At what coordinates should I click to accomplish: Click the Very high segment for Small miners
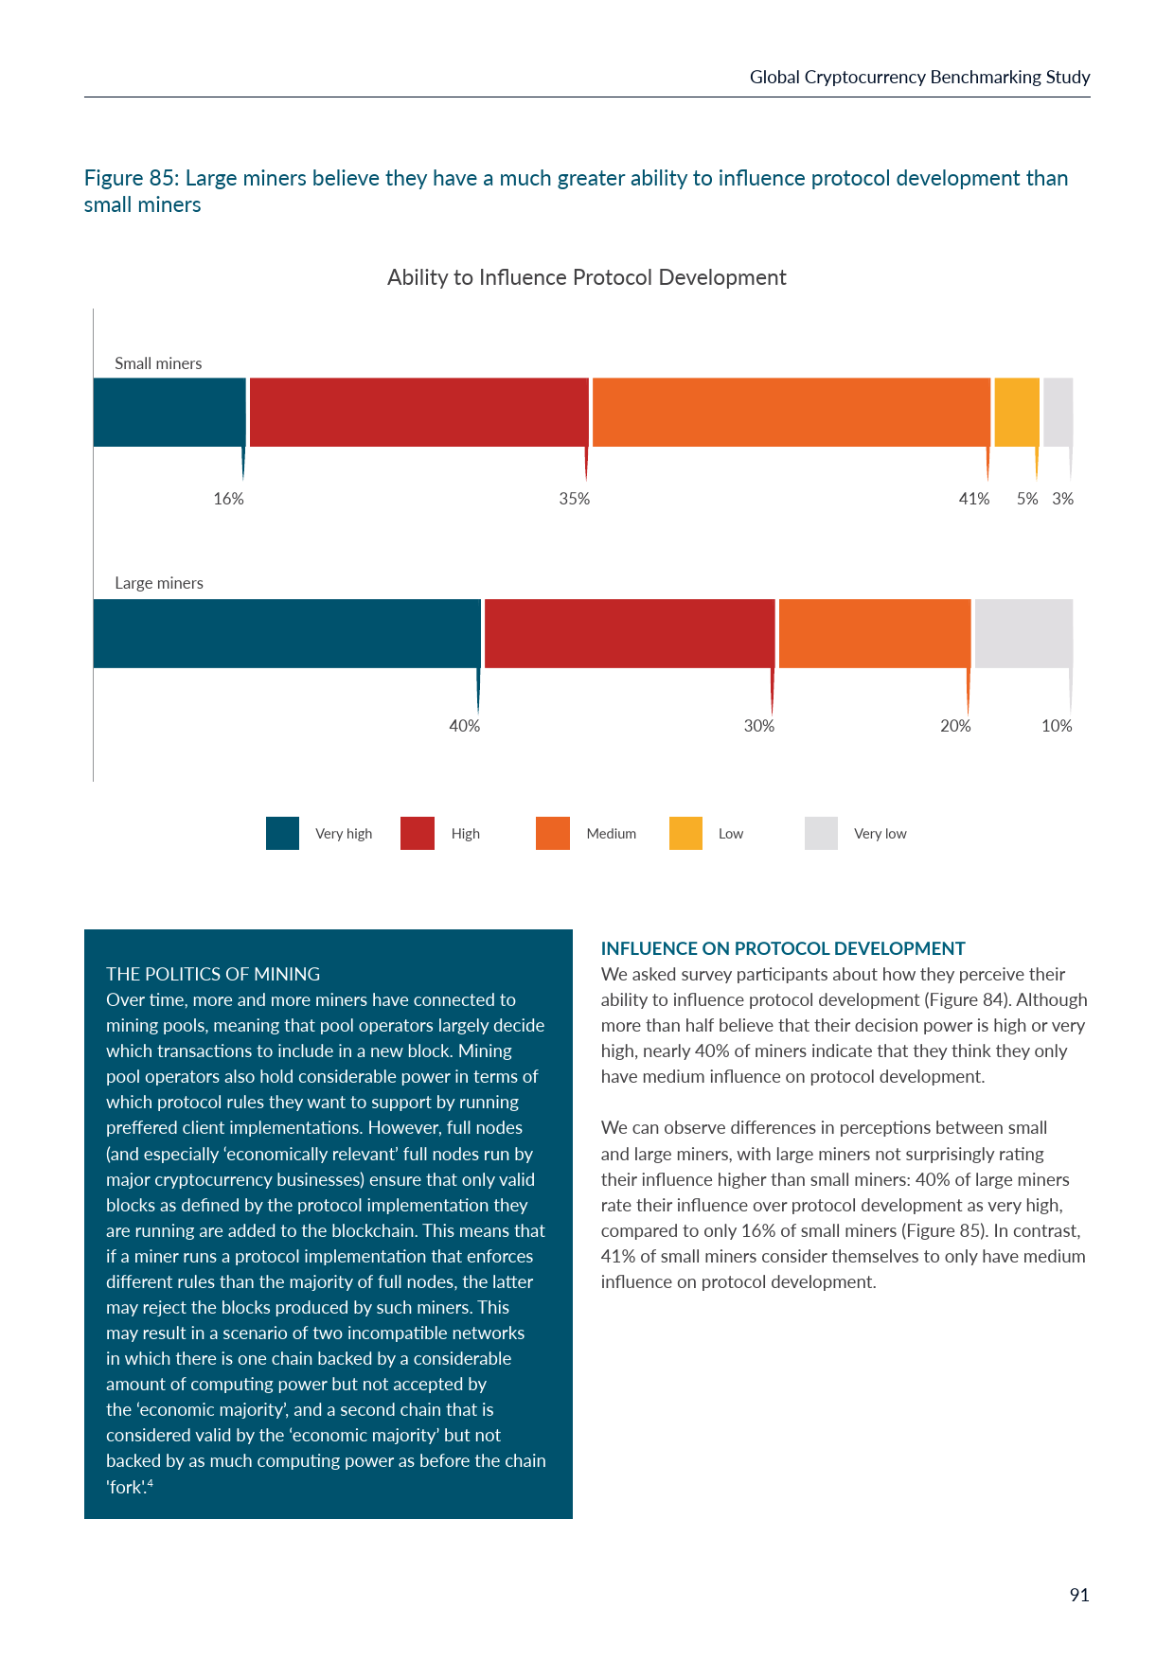point(169,413)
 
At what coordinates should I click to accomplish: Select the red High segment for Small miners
point(418,413)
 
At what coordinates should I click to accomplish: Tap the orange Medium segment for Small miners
point(791,413)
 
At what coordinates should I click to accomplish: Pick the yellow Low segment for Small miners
point(1017,413)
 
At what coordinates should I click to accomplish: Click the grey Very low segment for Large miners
point(1023,633)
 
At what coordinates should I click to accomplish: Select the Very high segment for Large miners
point(287,633)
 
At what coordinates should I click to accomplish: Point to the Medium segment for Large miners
point(875,633)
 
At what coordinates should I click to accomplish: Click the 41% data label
point(973,499)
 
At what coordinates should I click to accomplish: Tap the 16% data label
point(228,499)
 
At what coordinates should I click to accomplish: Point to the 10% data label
point(1057,726)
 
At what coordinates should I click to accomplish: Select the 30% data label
point(758,726)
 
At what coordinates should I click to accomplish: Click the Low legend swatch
point(685,833)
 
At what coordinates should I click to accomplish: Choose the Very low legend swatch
point(821,833)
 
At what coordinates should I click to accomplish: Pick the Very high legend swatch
point(282,833)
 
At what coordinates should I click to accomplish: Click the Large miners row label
point(159,583)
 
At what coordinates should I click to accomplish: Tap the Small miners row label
point(158,363)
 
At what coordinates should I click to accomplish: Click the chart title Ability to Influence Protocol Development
point(586,277)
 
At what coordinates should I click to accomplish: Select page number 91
point(1078,1595)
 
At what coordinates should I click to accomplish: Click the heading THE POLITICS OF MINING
point(213,974)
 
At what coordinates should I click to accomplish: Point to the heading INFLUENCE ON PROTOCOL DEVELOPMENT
point(783,948)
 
